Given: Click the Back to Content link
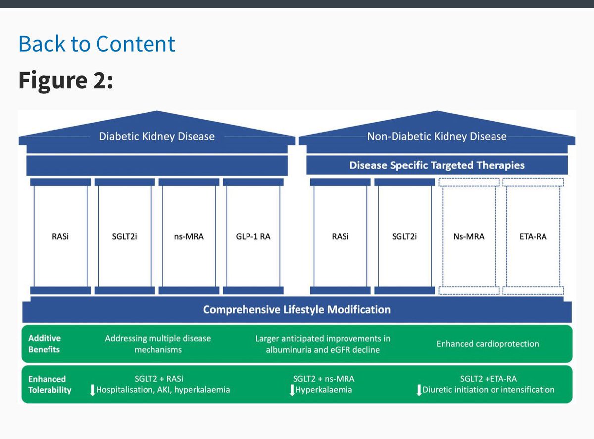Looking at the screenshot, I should [x=97, y=44].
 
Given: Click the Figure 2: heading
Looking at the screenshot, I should [x=66, y=80].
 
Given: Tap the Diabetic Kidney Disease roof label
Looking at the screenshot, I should [x=157, y=136].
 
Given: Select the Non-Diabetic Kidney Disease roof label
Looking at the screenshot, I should [x=437, y=136].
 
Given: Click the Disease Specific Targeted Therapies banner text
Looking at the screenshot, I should [x=437, y=165].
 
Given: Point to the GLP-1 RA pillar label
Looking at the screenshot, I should [x=252, y=236].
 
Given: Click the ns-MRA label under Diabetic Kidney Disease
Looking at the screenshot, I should [x=189, y=236].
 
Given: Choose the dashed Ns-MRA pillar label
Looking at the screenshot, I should [x=468, y=236].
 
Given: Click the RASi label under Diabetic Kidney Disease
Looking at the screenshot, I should [x=60, y=236].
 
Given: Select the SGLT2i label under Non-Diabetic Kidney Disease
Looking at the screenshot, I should [x=404, y=236].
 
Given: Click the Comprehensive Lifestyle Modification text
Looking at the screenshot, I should [x=297, y=310].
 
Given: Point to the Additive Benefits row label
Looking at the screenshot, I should [x=44, y=344].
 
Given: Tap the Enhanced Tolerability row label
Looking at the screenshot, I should [x=49, y=384].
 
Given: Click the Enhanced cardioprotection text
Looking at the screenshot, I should [x=488, y=344].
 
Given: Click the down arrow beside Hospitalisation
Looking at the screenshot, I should [x=92, y=390].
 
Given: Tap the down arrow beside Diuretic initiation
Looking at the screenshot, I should [x=418, y=390].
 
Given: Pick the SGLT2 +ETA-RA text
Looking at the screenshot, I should [x=488, y=379].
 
